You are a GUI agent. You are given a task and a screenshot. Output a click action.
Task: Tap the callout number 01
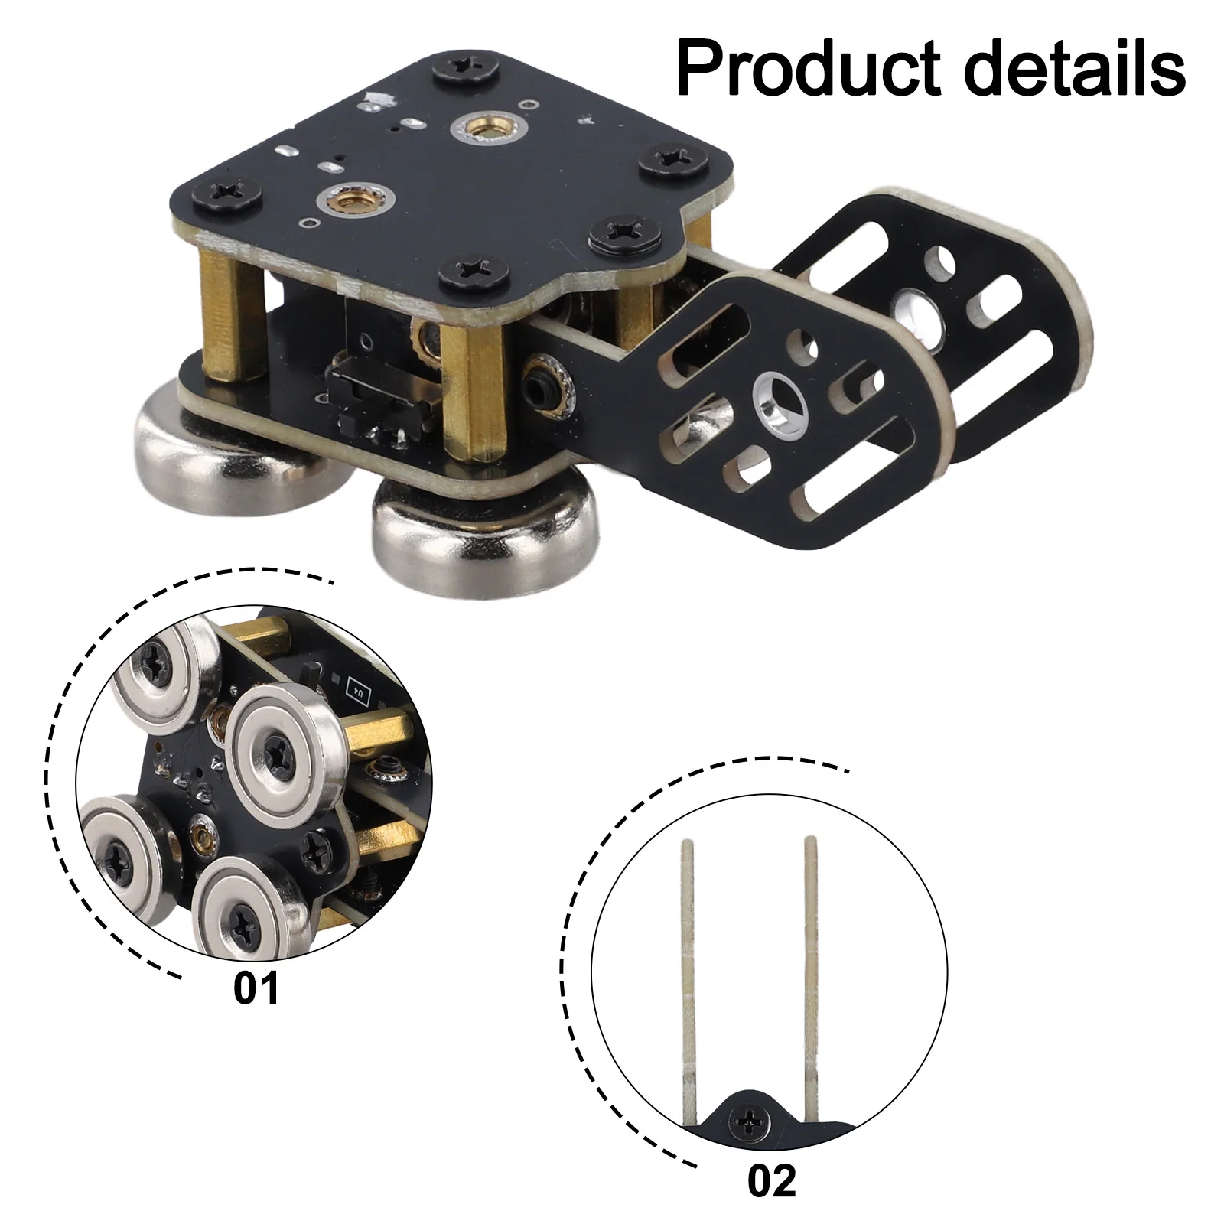(256, 988)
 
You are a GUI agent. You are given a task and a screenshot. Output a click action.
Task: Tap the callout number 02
(772, 1181)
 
